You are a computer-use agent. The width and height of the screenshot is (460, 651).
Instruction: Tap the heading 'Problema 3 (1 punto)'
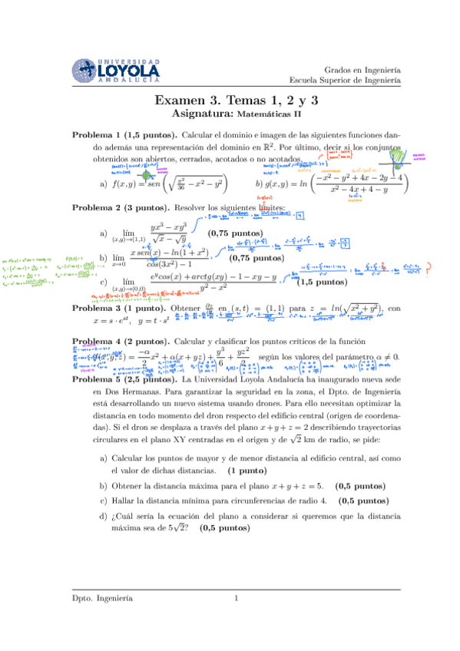coord(121,308)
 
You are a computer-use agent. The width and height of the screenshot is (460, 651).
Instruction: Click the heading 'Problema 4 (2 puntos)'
coord(121,340)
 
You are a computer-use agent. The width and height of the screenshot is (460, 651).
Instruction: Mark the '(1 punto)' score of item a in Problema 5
coord(251,468)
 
